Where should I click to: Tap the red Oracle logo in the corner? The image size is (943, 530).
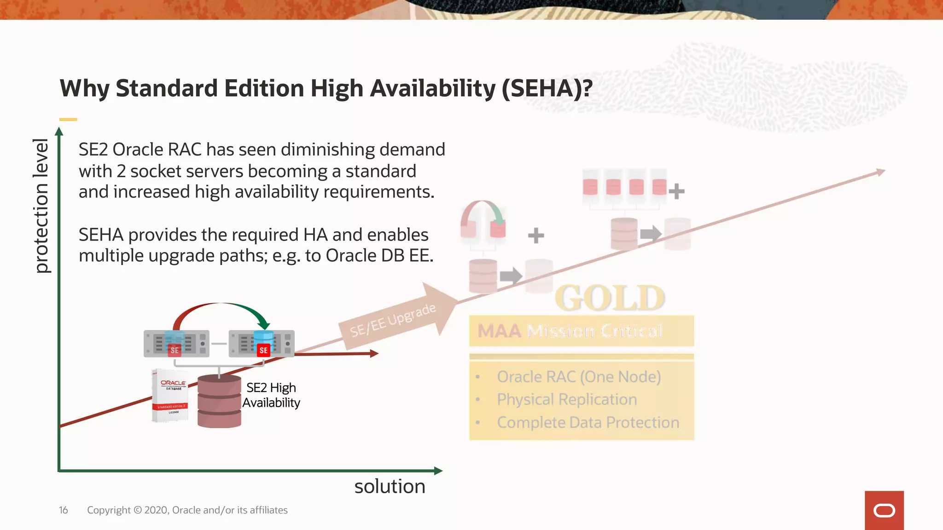[x=884, y=510]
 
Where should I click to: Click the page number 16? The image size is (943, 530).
[x=64, y=510]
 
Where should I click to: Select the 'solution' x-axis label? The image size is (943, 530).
[x=390, y=487]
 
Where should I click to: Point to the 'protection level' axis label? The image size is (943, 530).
[x=41, y=206]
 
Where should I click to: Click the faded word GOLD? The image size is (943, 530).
[x=610, y=298]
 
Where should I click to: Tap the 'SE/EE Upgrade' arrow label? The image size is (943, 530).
[x=392, y=321]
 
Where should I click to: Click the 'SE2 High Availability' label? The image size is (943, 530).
[x=271, y=395]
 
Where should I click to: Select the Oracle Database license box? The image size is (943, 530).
[x=171, y=395]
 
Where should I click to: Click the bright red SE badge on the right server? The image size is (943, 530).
[x=263, y=350]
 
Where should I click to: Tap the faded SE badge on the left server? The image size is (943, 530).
[x=175, y=350]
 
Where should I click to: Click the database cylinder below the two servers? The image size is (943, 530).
[x=219, y=402]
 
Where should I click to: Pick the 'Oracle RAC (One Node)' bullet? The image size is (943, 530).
[x=579, y=377]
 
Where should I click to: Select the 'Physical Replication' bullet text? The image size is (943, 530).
[x=567, y=399]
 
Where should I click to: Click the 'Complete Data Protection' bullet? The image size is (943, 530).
[x=588, y=422]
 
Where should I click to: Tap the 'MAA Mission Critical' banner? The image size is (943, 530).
[x=581, y=331]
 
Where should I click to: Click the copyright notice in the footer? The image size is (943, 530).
[x=187, y=510]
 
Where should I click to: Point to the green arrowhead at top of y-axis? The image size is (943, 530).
[x=59, y=132]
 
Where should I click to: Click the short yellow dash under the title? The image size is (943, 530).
[x=68, y=120]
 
